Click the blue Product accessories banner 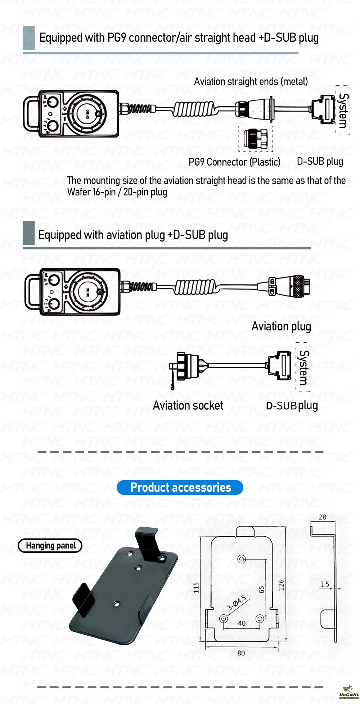(180, 487)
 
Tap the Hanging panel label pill (50, 546)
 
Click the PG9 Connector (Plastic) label (234, 162)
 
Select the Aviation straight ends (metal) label (251, 81)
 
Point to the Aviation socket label (188, 406)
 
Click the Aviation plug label (281, 326)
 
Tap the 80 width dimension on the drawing (241, 653)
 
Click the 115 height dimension (196, 587)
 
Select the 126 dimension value (281, 585)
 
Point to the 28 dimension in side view (323, 517)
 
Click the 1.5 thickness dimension (324, 584)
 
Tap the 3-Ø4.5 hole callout (237, 603)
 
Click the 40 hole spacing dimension (242, 623)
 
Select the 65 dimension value (262, 590)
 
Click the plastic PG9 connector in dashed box (256, 139)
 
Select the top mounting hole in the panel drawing (242, 559)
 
